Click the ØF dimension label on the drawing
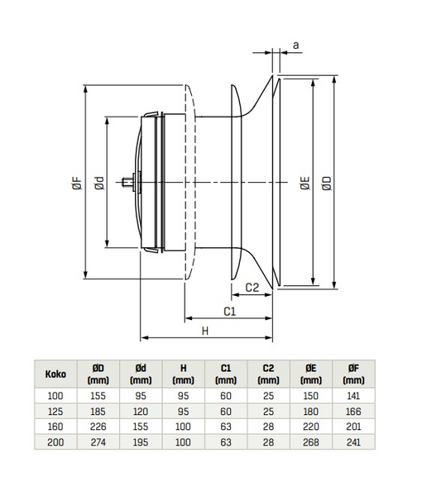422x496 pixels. click(x=77, y=186)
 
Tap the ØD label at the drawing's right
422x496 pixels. click(x=327, y=185)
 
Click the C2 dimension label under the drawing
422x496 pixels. click(x=253, y=288)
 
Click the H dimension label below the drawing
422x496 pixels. click(x=205, y=331)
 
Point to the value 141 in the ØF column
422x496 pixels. click(x=353, y=395)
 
